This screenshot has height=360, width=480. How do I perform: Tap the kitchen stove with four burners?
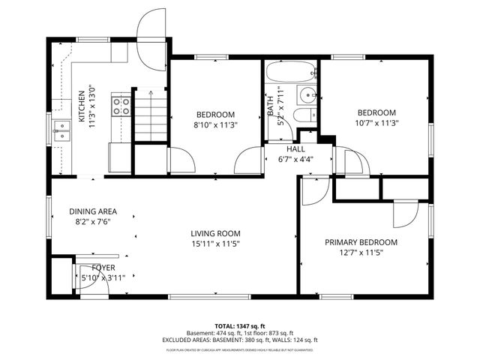120,106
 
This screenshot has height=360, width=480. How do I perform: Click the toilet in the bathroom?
301,115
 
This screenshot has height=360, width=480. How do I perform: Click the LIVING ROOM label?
215,233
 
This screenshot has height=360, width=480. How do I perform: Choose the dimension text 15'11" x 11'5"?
215,244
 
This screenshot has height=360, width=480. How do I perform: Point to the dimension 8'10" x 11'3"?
215,124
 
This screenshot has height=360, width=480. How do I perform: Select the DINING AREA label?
93,211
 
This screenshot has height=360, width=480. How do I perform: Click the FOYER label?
103,268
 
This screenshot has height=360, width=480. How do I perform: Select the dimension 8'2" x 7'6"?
93,222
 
